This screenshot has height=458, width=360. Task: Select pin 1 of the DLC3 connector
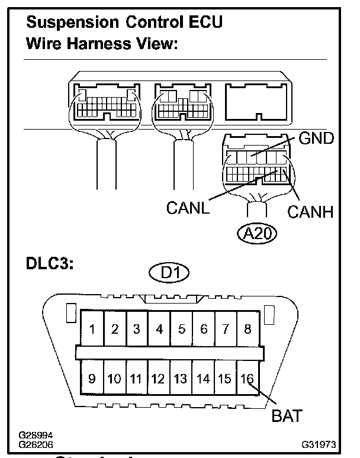point(93,329)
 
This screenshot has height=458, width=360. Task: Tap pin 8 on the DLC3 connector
point(247,329)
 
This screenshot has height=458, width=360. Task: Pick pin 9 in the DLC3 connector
point(92,378)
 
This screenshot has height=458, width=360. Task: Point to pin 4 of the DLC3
point(159,329)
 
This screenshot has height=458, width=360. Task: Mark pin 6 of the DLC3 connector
point(203,329)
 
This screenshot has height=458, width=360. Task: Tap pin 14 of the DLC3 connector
point(203,378)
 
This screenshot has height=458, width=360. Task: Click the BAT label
point(287,415)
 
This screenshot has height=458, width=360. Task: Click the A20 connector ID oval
point(257,233)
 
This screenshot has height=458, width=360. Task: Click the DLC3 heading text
point(50,264)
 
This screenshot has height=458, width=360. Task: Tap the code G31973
point(319,443)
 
